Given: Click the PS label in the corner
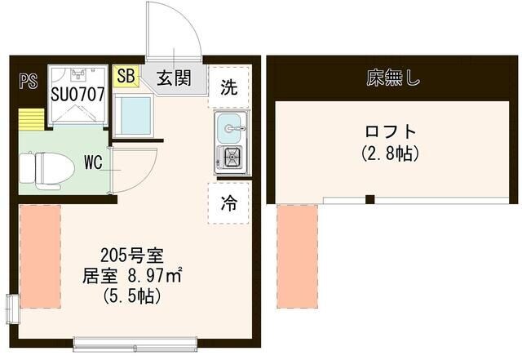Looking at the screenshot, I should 29,80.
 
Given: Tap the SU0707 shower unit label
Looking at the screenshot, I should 77,93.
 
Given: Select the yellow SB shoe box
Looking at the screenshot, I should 126,77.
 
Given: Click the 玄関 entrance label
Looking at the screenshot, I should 173,78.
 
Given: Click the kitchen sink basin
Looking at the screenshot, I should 230,127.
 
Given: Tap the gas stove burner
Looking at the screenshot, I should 230,158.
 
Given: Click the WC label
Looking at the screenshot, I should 93,162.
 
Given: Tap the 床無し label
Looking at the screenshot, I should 392,78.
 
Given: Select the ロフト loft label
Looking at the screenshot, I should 390,131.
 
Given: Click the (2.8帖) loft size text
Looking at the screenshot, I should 390,153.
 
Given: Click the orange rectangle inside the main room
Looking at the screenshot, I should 40,256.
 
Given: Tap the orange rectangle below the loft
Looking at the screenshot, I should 297,256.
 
